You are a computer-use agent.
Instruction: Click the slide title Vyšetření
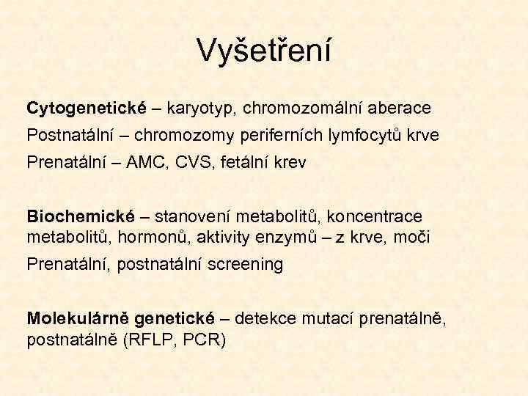264,50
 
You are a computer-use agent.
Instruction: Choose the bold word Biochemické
81,217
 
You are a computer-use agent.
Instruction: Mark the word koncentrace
375,217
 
